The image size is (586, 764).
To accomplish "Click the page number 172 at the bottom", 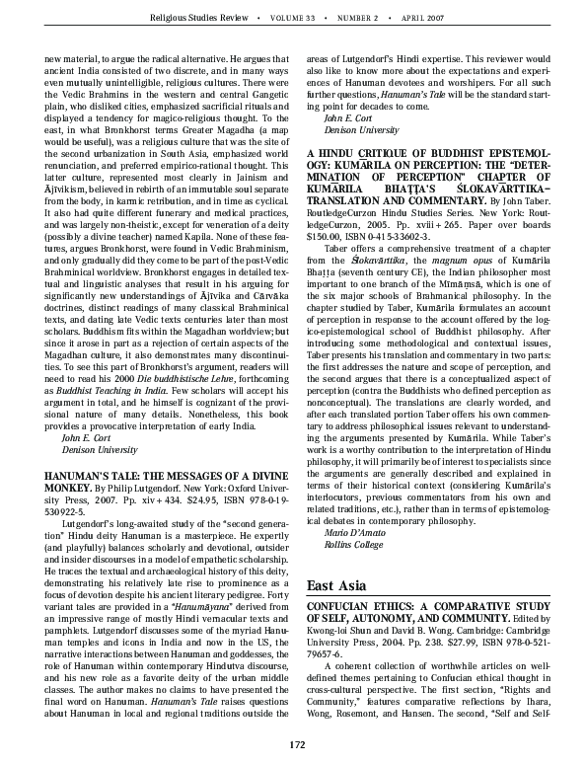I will point(293,744).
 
